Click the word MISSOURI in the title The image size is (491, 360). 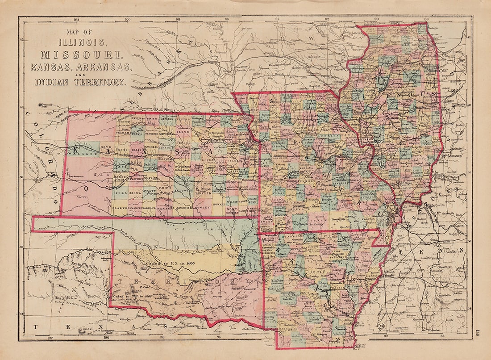pyautogui.click(x=81, y=55)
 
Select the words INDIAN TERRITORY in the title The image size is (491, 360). pyautogui.click(x=81, y=82)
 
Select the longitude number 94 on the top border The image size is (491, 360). pyautogui.click(x=277, y=19)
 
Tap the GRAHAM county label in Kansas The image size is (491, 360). pyautogui.click(x=123, y=133)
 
